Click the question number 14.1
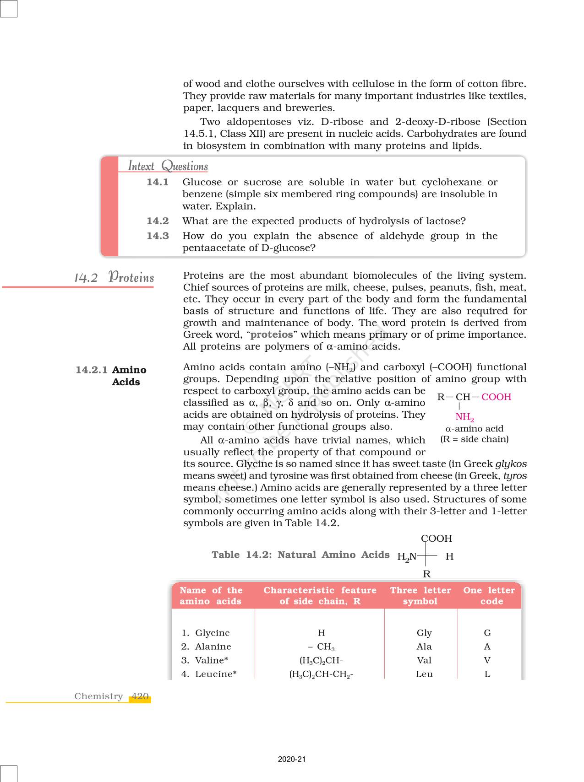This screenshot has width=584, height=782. (x=158, y=182)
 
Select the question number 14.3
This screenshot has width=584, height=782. (x=158, y=236)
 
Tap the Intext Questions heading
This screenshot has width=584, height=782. (x=168, y=166)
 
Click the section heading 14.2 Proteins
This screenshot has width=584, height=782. (x=114, y=278)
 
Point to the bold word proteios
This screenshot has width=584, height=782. (x=272, y=334)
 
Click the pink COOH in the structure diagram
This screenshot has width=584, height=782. (x=496, y=397)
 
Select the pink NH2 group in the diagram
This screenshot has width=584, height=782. (x=464, y=417)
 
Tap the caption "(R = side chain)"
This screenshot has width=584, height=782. (x=474, y=439)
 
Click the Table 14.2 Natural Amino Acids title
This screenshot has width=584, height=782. (x=300, y=555)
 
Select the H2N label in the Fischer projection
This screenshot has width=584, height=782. (x=407, y=557)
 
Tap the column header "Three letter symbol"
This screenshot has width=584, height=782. (x=420, y=596)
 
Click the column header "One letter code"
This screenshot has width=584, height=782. (x=489, y=596)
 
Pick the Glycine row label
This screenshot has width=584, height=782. (x=212, y=633)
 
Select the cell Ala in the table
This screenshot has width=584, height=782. (x=424, y=647)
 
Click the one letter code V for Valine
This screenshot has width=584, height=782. (x=487, y=660)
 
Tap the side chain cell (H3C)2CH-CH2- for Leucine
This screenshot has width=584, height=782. (x=321, y=674)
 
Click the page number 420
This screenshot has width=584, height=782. (x=140, y=696)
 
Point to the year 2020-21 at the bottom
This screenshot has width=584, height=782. (x=292, y=759)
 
